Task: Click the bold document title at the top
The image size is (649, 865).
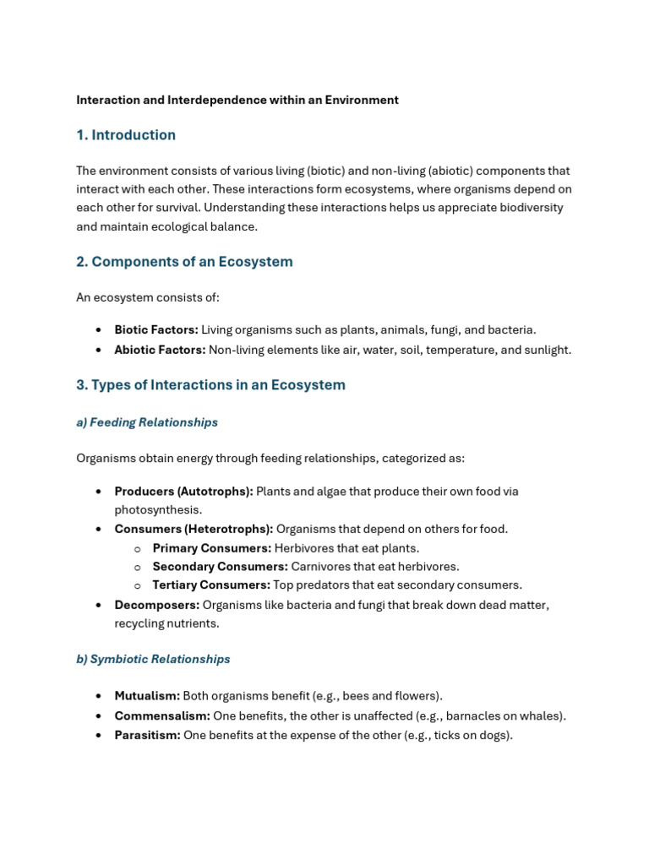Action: [237, 100]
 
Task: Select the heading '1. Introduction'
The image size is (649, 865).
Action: [126, 135]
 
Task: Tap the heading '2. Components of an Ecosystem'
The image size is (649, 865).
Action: [184, 262]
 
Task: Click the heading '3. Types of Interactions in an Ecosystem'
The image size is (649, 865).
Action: [210, 385]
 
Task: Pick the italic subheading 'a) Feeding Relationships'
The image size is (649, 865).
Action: [147, 422]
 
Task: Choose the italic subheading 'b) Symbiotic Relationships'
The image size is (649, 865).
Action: [153, 659]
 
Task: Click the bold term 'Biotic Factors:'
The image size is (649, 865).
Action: [156, 329]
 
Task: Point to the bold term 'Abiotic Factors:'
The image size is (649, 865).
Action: [160, 350]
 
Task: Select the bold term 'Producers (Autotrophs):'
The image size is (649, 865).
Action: [183, 491]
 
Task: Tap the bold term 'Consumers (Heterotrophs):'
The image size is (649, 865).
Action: [194, 529]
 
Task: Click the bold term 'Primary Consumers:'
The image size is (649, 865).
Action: [211, 548]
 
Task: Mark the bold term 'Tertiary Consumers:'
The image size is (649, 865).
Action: [211, 585]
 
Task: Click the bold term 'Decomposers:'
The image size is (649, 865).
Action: [157, 605]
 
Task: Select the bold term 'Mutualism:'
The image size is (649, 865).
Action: [147, 696]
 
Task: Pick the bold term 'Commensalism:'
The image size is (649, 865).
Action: [162, 715]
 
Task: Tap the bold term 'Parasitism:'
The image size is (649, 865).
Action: [147, 735]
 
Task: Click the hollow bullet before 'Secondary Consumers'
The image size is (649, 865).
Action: [137, 567]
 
